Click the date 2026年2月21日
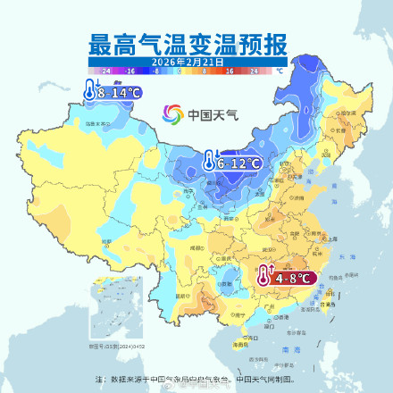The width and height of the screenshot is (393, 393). point(188,61)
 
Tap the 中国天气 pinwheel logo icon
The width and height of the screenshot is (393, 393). point(171,114)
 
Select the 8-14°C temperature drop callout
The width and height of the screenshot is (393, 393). point(113,92)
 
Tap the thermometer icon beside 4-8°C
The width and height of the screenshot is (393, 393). point(265,277)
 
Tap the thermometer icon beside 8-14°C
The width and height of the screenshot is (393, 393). point(91,90)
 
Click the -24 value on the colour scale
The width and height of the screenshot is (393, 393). point(106,69)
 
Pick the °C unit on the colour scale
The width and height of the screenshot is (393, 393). point(280,69)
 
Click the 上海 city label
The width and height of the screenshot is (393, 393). point(331,238)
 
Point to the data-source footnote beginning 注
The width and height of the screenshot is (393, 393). point(196,378)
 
